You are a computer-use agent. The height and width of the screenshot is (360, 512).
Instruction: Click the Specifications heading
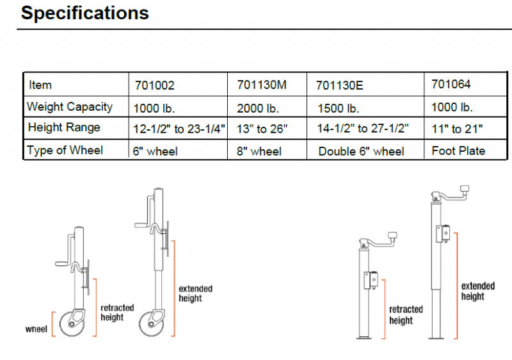point(85,13)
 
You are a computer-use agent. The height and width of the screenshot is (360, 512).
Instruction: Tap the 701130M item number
point(262,85)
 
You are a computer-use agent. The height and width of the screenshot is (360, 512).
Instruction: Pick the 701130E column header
point(340,85)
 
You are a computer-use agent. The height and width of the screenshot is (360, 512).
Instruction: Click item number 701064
point(451,84)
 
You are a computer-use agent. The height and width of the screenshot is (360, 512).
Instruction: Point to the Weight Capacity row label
point(70,107)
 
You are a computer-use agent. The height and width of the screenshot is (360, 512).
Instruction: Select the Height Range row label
point(64,127)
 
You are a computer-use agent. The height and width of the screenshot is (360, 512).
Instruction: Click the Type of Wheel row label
point(65,150)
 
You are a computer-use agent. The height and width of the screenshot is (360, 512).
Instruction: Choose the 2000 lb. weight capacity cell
point(258,108)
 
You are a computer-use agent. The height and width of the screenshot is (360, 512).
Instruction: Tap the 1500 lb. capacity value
point(339,108)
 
